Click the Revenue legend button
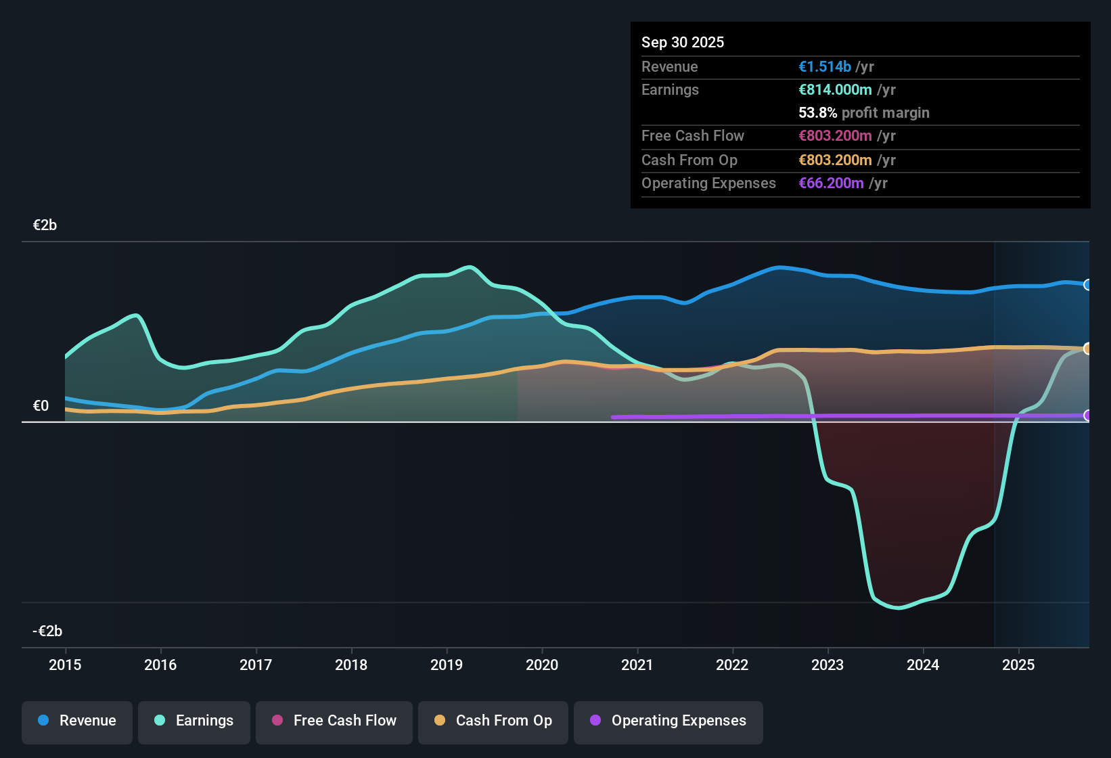(x=77, y=721)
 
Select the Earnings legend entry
(x=194, y=721)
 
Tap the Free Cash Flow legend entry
(x=334, y=721)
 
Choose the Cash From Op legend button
(x=493, y=721)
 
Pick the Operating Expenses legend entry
(x=668, y=721)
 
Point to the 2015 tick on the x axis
(x=65, y=665)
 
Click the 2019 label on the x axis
(x=447, y=665)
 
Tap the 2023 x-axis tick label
(x=827, y=665)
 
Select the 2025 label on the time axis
(x=1018, y=665)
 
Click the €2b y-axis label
(x=45, y=225)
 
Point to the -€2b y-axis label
(x=47, y=631)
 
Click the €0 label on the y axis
(x=41, y=406)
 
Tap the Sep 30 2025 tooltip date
(x=683, y=43)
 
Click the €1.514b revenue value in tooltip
(x=825, y=67)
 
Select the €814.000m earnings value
(x=835, y=90)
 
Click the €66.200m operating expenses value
(x=831, y=183)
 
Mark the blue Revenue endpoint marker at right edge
(x=1087, y=285)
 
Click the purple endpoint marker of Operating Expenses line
(x=1087, y=416)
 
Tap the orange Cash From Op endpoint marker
(x=1087, y=349)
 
